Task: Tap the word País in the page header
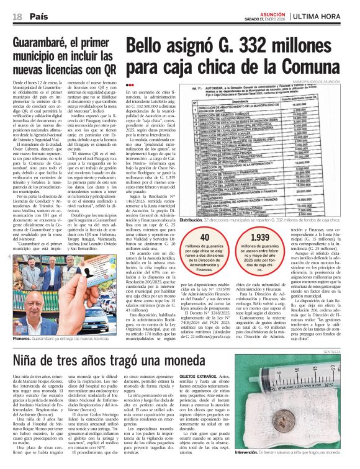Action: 37,16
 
